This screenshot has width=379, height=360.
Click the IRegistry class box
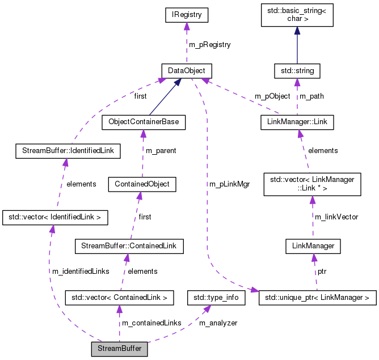(x=187, y=15)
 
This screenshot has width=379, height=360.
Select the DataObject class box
(x=187, y=71)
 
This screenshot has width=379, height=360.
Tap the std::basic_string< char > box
(x=297, y=15)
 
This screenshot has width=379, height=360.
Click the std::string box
(x=297, y=71)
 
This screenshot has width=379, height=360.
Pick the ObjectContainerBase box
(x=143, y=121)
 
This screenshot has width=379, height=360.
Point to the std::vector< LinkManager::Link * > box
(x=313, y=184)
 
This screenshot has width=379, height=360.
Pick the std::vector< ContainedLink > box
(x=119, y=297)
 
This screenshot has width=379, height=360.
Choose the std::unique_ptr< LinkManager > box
(x=317, y=297)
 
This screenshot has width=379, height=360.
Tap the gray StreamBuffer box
(x=120, y=349)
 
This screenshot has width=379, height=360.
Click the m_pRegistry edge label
(x=210, y=45)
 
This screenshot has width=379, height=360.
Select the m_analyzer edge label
(x=218, y=323)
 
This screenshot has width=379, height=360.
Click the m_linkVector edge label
(x=337, y=217)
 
